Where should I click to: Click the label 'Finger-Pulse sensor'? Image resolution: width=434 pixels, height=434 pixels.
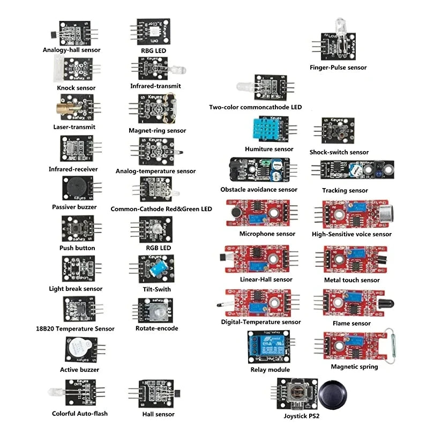coord(338,68)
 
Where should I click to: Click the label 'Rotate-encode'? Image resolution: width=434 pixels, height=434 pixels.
coord(156,328)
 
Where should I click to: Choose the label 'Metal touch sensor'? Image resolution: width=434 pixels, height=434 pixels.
coord(351,280)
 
